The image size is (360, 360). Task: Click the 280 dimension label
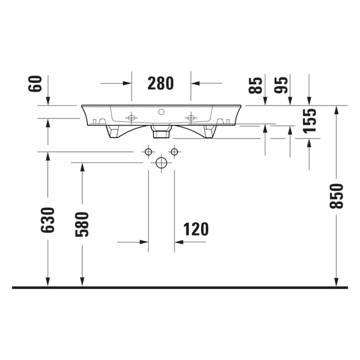160,83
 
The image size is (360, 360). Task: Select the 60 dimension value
35,83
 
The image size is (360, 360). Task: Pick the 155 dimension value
309,120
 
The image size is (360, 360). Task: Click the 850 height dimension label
336,196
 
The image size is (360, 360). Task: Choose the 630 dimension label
47,220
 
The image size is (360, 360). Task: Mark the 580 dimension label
82,224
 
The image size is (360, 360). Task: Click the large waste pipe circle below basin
161,164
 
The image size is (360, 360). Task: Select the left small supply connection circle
148,152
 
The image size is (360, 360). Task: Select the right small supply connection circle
174,152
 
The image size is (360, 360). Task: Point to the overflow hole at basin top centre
161,111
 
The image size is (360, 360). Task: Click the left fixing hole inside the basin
131,118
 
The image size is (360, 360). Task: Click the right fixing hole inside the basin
191,118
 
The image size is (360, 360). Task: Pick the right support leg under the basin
209,132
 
